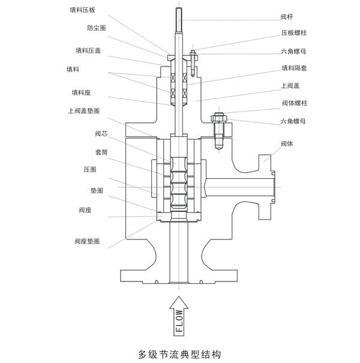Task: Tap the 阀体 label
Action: pos(287,143)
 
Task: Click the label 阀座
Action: pos(84,210)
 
